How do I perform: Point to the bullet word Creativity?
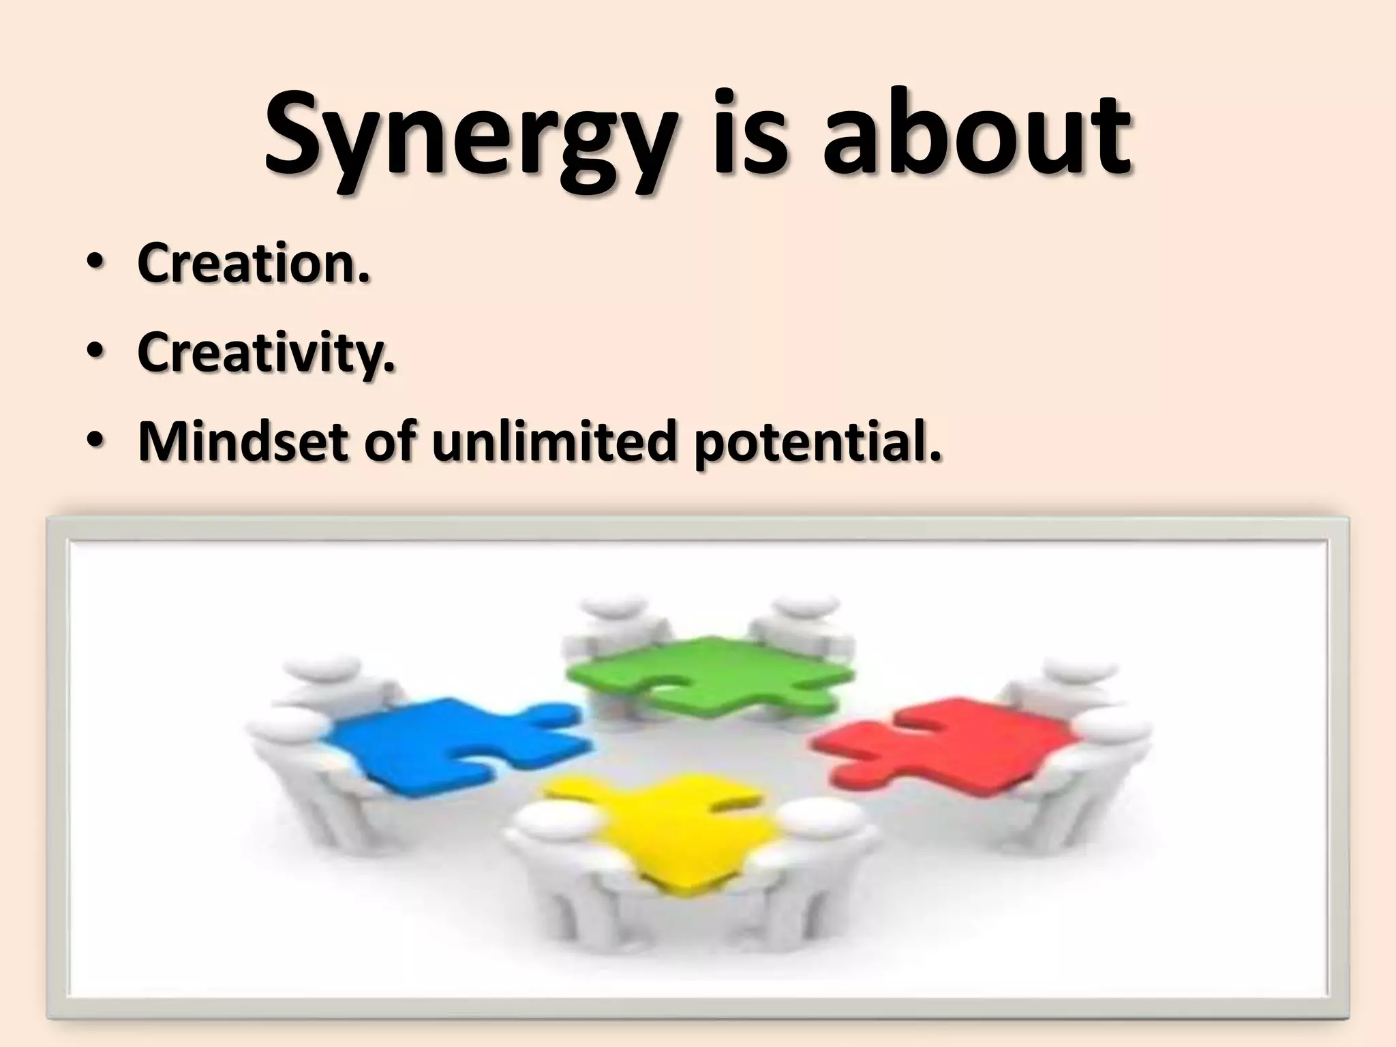[x=266, y=352]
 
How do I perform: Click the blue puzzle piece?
[x=436, y=746]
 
